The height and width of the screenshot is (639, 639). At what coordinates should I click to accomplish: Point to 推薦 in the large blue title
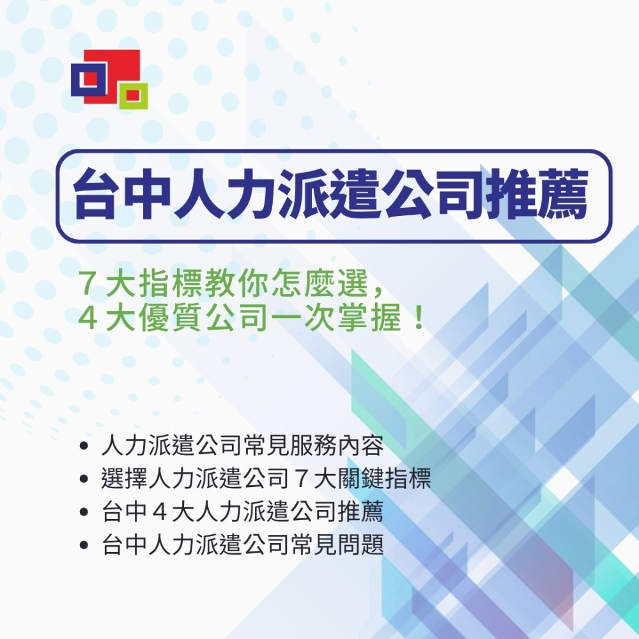click(536, 194)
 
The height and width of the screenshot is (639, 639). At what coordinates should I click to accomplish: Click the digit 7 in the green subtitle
click(87, 283)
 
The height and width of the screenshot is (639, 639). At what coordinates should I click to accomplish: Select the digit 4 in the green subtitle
click(87, 317)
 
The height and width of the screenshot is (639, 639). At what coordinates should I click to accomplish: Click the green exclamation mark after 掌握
click(418, 318)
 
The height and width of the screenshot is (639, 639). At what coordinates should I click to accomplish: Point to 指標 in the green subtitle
click(171, 283)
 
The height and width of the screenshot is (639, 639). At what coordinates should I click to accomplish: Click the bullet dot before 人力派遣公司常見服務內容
click(84, 445)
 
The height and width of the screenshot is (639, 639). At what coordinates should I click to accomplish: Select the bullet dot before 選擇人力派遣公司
click(84, 479)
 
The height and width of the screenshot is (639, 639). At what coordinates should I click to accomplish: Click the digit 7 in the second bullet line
click(301, 479)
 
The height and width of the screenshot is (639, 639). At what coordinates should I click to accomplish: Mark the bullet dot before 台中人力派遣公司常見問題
click(84, 545)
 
